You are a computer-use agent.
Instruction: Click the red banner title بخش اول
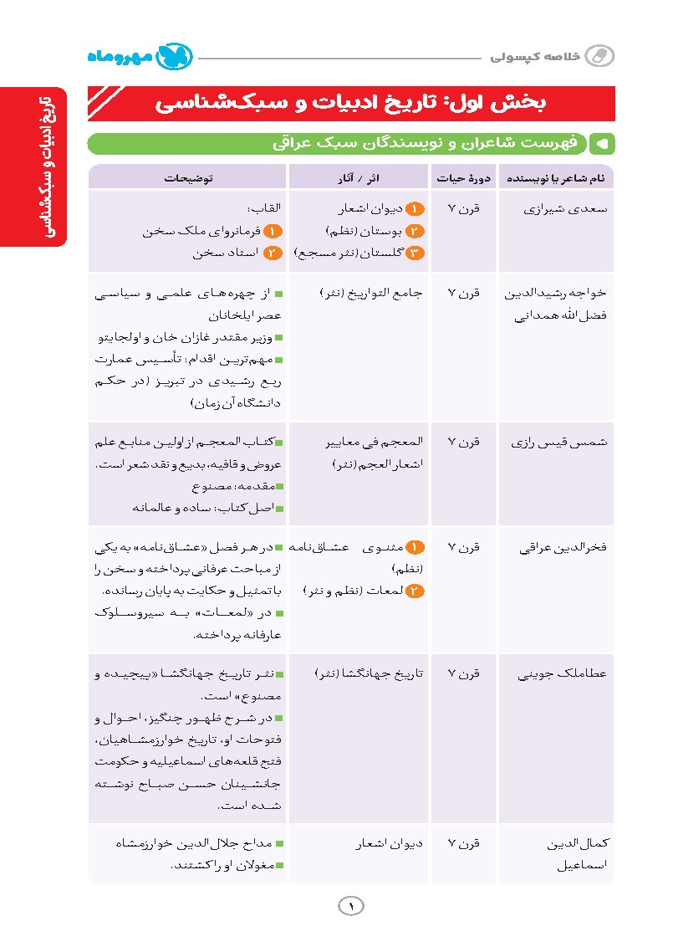pos(351,103)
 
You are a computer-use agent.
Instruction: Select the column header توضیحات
pos(187,177)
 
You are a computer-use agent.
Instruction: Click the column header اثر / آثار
pos(358,177)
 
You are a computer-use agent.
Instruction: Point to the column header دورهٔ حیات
pos(463,177)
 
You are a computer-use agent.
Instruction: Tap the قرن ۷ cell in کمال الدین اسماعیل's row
pos(463,845)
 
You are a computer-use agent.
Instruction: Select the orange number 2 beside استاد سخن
pos(273,252)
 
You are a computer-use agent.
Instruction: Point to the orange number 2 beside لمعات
pos(416,591)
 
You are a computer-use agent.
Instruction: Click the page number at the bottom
pos(351,906)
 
